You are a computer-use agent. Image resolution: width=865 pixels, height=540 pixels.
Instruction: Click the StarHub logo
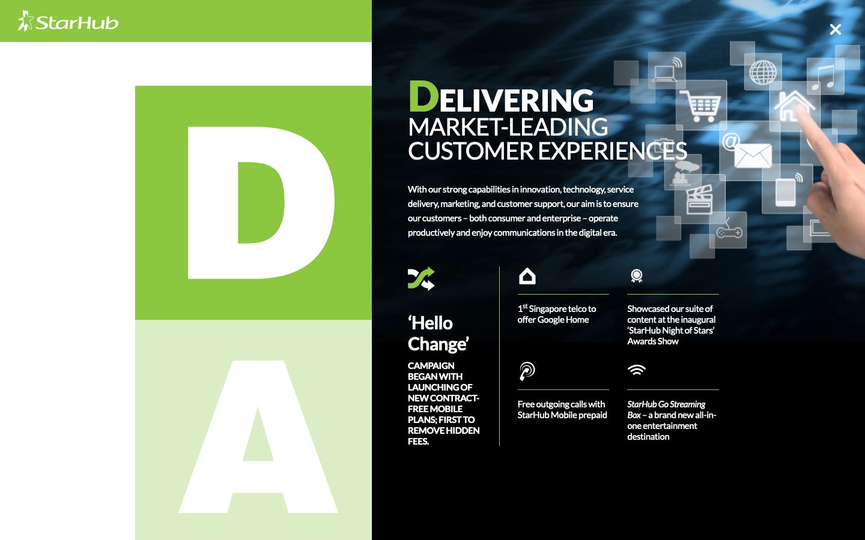pos(68,21)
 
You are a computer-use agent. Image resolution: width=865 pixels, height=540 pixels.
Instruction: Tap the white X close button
pos(835,29)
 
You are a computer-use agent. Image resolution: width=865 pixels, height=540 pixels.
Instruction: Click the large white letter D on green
pos(261,203)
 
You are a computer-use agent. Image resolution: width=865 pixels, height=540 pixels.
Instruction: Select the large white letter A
pos(258,437)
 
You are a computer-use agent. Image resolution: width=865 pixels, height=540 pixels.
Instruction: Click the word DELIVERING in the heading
pos(501,97)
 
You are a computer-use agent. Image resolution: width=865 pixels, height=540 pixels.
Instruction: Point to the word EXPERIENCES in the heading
pos(613,151)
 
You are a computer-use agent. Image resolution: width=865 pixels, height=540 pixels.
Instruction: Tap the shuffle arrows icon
pos(421,278)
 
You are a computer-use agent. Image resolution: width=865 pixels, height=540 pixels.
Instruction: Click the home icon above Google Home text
pos(527,276)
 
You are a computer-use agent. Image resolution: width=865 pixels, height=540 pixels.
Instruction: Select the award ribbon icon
pos(636,276)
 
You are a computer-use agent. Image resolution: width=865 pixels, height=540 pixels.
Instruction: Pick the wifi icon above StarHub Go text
pos(636,370)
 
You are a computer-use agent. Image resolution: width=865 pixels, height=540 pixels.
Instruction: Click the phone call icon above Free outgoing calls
pos(527,371)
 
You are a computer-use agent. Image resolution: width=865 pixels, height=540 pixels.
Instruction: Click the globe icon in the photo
pos(763,72)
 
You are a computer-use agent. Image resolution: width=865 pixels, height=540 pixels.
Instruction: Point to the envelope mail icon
pos(753,155)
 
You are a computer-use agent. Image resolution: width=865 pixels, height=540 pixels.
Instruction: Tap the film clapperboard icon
pos(699,200)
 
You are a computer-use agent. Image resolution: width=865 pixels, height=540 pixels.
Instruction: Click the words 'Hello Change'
pos(439,333)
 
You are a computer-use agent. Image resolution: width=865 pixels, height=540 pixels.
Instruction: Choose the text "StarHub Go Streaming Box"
pos(666,410)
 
